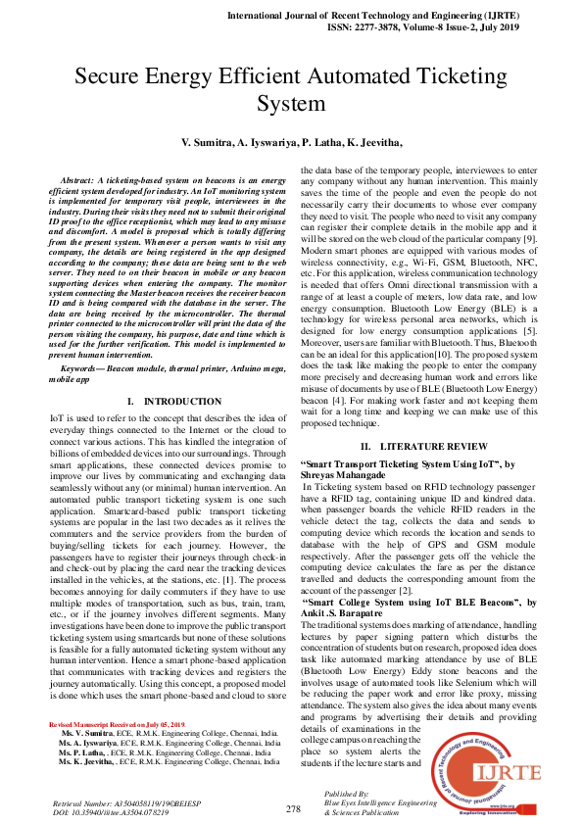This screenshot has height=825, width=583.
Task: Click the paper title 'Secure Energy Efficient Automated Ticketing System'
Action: coord(291,89)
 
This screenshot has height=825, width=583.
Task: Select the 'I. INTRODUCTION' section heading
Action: coord(174,402)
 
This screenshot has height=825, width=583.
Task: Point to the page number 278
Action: coord(293,809)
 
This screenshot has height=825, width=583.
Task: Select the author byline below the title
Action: coord(291,143)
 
